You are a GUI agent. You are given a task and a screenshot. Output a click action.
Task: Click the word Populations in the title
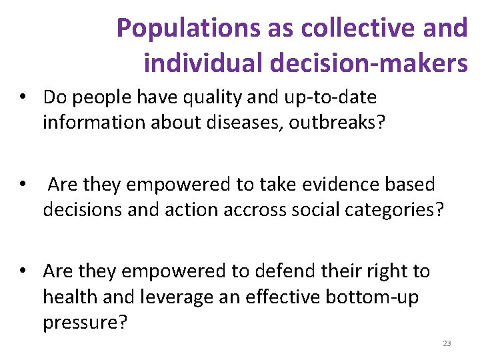(172, 29)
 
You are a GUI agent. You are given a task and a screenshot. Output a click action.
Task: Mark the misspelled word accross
(239, 210)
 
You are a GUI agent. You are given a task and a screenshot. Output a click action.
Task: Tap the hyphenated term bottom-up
(371, 297)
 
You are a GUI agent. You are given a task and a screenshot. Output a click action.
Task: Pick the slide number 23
(447, 344)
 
